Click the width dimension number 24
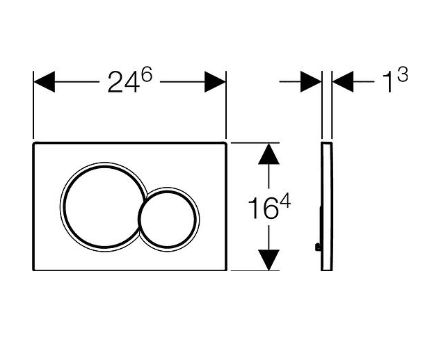click(124, 82)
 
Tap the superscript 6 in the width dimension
click(147, 74)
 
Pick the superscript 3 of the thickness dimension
click(403, 74)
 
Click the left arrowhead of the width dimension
click(44, 82)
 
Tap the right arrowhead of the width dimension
click(215, 82)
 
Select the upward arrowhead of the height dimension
click(269, 154)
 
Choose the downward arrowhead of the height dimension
click(269, 260)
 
